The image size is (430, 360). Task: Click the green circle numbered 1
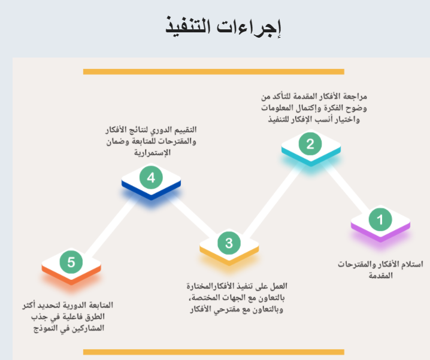(380, 219)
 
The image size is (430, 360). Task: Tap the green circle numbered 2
(310, 144)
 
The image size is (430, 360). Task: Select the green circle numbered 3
(229, 243)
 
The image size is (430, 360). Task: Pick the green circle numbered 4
(151, 177)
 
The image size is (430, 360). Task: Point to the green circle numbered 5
(71, 262)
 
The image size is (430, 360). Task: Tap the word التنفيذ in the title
(188, 26)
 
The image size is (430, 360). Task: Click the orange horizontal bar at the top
(214, 72)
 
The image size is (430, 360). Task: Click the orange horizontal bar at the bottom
(214, 352)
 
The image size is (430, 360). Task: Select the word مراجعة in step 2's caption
(355, 96)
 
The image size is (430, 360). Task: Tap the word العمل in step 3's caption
(278, 286)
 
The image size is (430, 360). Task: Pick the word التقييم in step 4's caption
(186, 129)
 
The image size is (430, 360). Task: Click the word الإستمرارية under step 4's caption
(152, 152)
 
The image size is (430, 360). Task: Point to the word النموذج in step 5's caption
(46, 328)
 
